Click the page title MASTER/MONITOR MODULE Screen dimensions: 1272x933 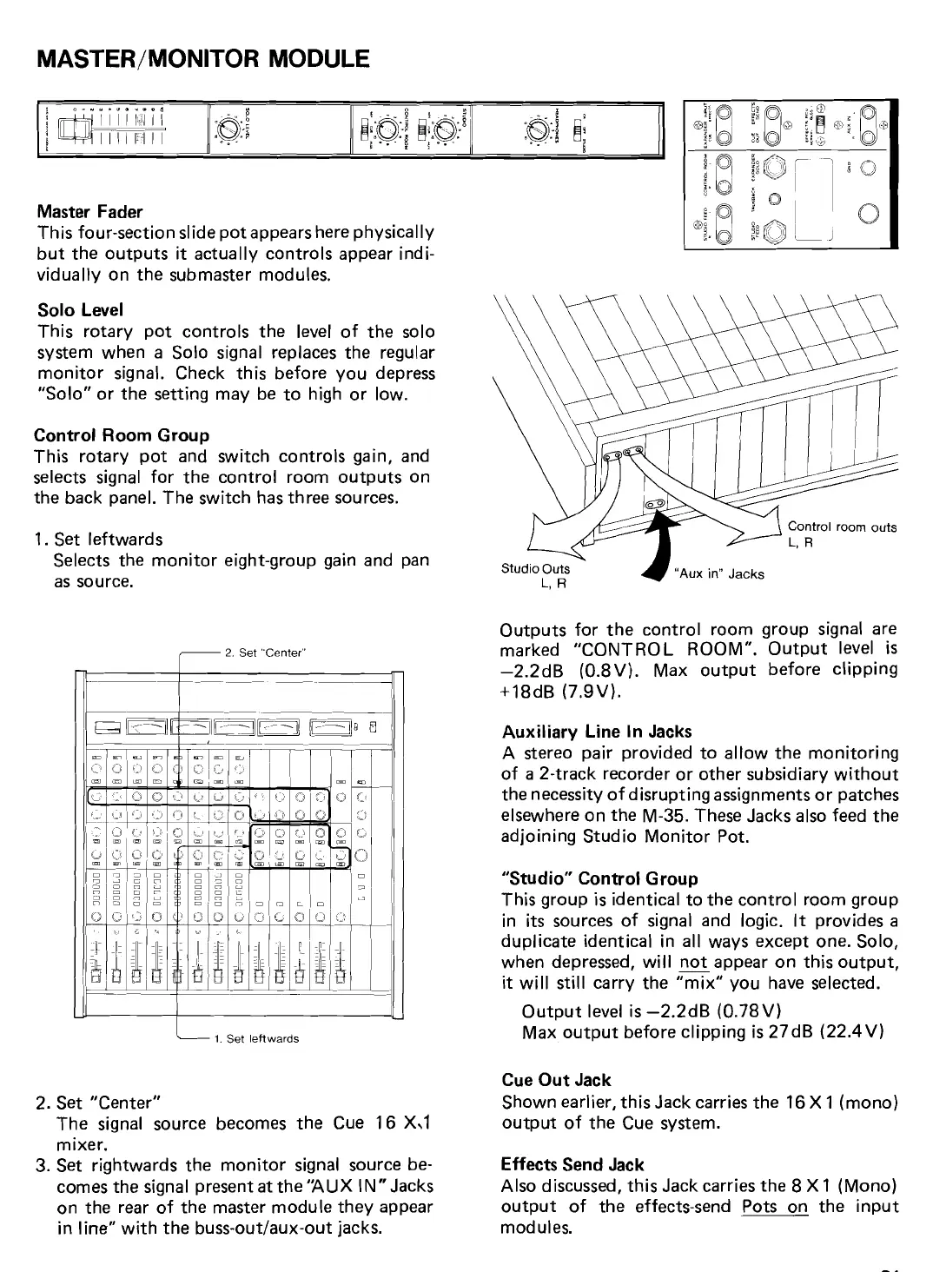click(x=204, y=59)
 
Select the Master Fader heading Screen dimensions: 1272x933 click(x=89, y=212)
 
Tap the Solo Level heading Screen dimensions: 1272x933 click(x=80, y=310)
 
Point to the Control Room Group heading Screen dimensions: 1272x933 click(x=122, y=434)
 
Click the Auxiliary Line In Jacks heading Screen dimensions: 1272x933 click(x=597, y=732)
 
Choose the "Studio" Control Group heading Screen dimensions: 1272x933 click(x=599, y=878)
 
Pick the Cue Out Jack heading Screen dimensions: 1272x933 click(x=556, y=1080)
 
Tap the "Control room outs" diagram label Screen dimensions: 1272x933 click(x=841, y=527)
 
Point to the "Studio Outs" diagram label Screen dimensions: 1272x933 click(x=536, y=569)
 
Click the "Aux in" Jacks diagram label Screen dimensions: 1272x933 click(x=719, y=574)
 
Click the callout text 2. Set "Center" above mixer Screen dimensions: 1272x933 click(x=261, y=653)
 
